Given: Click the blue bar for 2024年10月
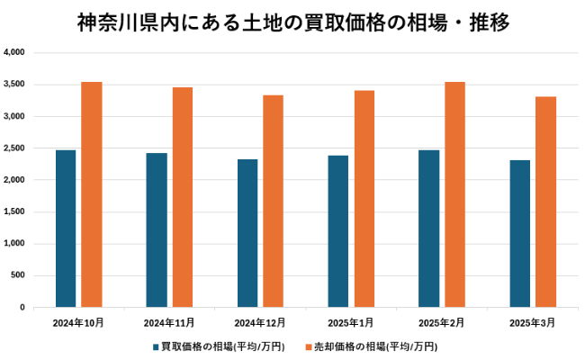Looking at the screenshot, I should tap(66, 229).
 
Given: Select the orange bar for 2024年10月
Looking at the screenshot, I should tap(92, 194).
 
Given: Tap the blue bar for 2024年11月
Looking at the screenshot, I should tap(157, 230).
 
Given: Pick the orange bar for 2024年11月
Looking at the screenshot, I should tap(183, 197).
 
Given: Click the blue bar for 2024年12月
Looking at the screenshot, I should tap(247, 233).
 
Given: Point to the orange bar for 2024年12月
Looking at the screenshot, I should tap(274, 202).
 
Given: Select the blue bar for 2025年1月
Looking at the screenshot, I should tap(338, 231).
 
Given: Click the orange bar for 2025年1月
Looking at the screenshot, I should tap(364, 199).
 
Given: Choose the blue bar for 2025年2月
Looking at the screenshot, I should tap(429, 229).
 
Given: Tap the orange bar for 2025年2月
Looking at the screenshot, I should tap(455, 194).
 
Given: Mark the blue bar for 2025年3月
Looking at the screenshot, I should tap(520, 234).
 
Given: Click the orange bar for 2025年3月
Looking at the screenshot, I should tap(546, 202).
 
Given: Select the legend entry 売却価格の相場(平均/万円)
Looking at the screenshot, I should tap(373, 346).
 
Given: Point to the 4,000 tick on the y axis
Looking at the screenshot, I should tap(14, 52).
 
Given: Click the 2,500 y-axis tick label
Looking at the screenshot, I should tap(14, 148).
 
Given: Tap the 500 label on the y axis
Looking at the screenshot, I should tap(18, 275).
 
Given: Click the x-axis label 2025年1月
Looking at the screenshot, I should tap(351, 322).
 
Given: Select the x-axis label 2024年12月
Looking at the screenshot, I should tap(260, 322).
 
